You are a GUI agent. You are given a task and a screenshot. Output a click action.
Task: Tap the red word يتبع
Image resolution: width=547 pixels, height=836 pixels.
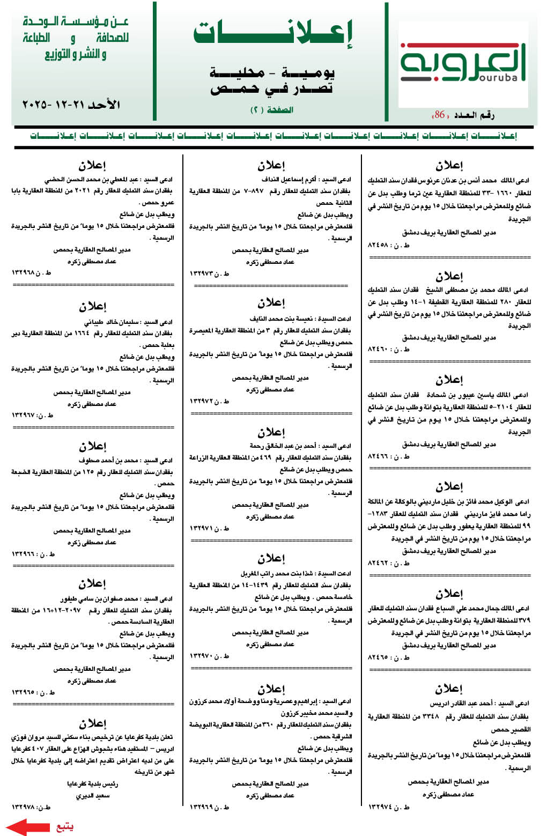(x=65, y=826)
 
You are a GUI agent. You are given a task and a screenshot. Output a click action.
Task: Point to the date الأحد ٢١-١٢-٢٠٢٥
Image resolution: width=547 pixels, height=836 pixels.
(x=71, y=104)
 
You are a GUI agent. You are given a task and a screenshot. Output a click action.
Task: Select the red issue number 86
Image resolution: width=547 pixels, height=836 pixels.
(x=440, y=115)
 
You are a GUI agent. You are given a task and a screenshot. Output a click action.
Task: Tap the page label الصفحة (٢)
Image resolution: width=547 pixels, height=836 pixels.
(x=272, y=110)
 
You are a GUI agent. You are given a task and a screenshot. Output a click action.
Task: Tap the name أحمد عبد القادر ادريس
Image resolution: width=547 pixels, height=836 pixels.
(x=461, y=703)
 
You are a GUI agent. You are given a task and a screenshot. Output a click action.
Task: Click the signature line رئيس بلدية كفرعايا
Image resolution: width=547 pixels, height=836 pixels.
(x=92, y=783)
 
